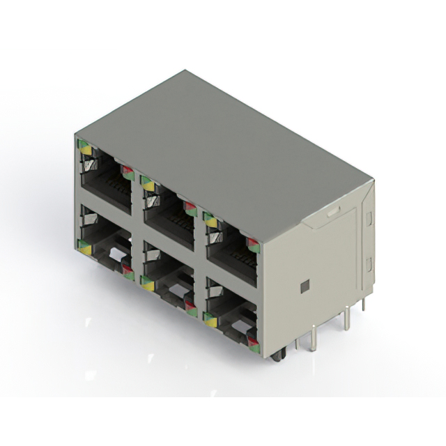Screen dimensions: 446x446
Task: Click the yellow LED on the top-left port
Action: pos(86,148)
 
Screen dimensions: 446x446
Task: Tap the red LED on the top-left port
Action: pos(127,169)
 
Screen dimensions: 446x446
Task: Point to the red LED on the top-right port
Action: pos(252,244)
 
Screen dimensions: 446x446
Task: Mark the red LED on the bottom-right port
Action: pos(252,341)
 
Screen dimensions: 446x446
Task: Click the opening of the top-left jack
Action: pos(106,183)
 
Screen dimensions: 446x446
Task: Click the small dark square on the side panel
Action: pos(304,286)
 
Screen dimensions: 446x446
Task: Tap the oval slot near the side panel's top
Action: pos(334,208)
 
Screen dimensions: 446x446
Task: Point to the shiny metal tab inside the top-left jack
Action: pos(89,166)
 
